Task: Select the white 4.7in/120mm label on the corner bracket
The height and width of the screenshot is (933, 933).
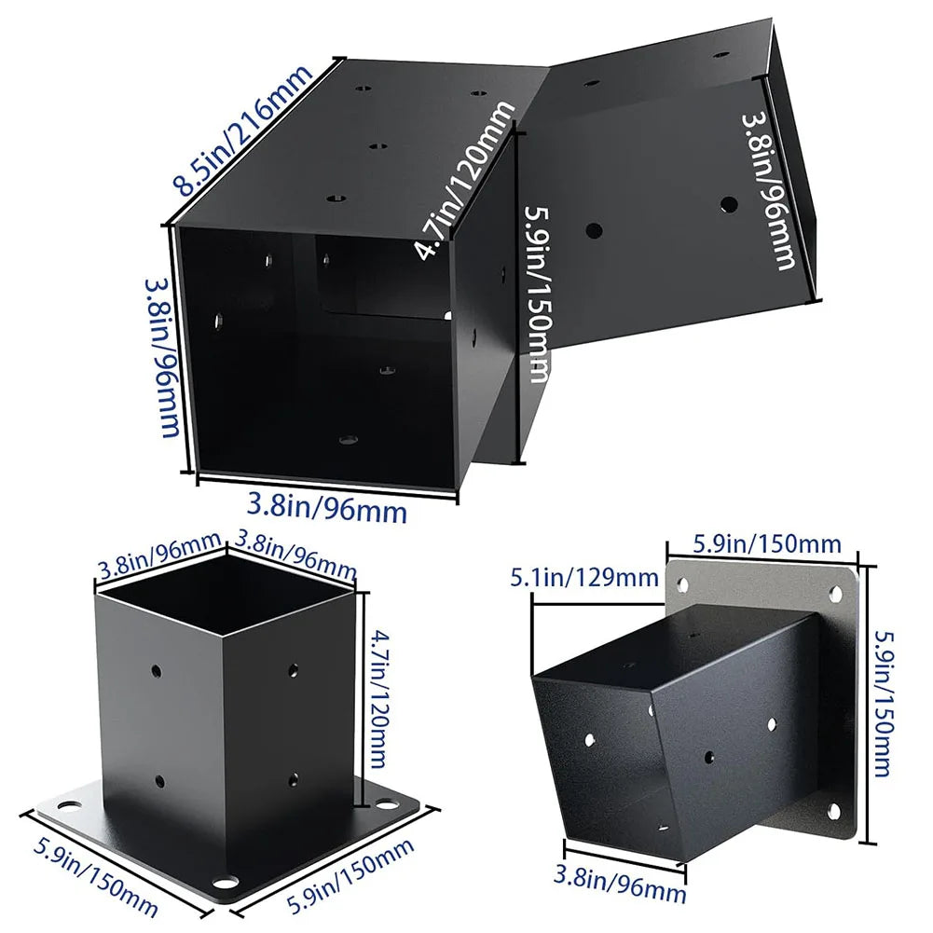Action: coord(464,180)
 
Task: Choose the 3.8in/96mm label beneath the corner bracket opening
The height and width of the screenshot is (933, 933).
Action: coord(327,509)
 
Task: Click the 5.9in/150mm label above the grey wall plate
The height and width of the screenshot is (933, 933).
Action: coord(767,543)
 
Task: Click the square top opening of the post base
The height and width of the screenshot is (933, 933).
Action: coord(226,596)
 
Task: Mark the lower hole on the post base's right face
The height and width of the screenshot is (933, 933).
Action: coord(294,776)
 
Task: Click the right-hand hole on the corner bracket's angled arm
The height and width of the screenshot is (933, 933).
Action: coord(728,202)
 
